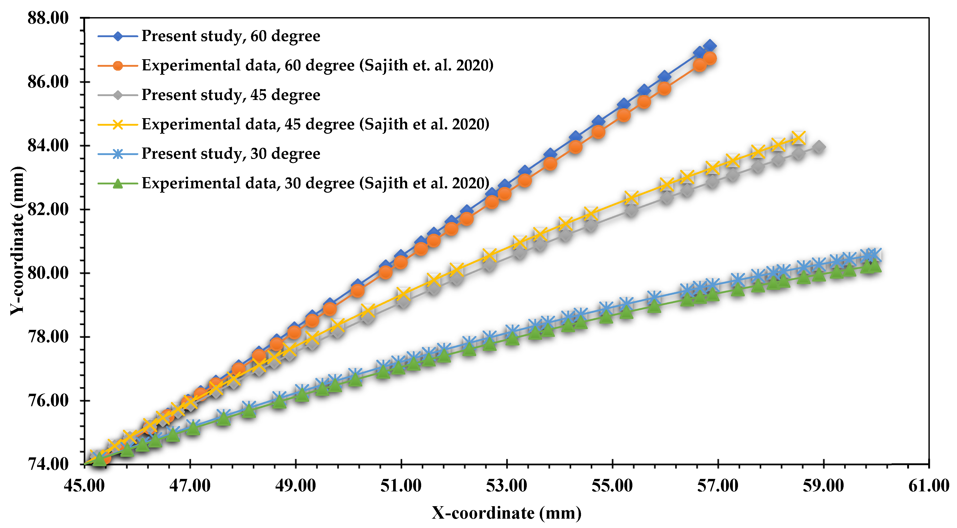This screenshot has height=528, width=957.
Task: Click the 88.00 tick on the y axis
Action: click(x=48, y=18)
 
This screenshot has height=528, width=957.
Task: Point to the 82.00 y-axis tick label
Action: click(x=48, y=209)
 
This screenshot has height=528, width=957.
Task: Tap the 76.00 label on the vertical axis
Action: click(x=48, y=401)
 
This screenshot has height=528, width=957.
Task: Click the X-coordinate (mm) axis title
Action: click(x=506, y=513)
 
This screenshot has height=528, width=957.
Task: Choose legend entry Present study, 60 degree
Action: click(x=230, y=36)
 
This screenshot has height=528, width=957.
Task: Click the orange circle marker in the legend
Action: click(x=118, y=66)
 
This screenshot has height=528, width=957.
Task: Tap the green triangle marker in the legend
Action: click(x=118, y=183)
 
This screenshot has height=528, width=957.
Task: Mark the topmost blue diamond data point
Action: click(x=710, y=46)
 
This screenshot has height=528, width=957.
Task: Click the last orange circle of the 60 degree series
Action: click(x=710, y=58)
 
